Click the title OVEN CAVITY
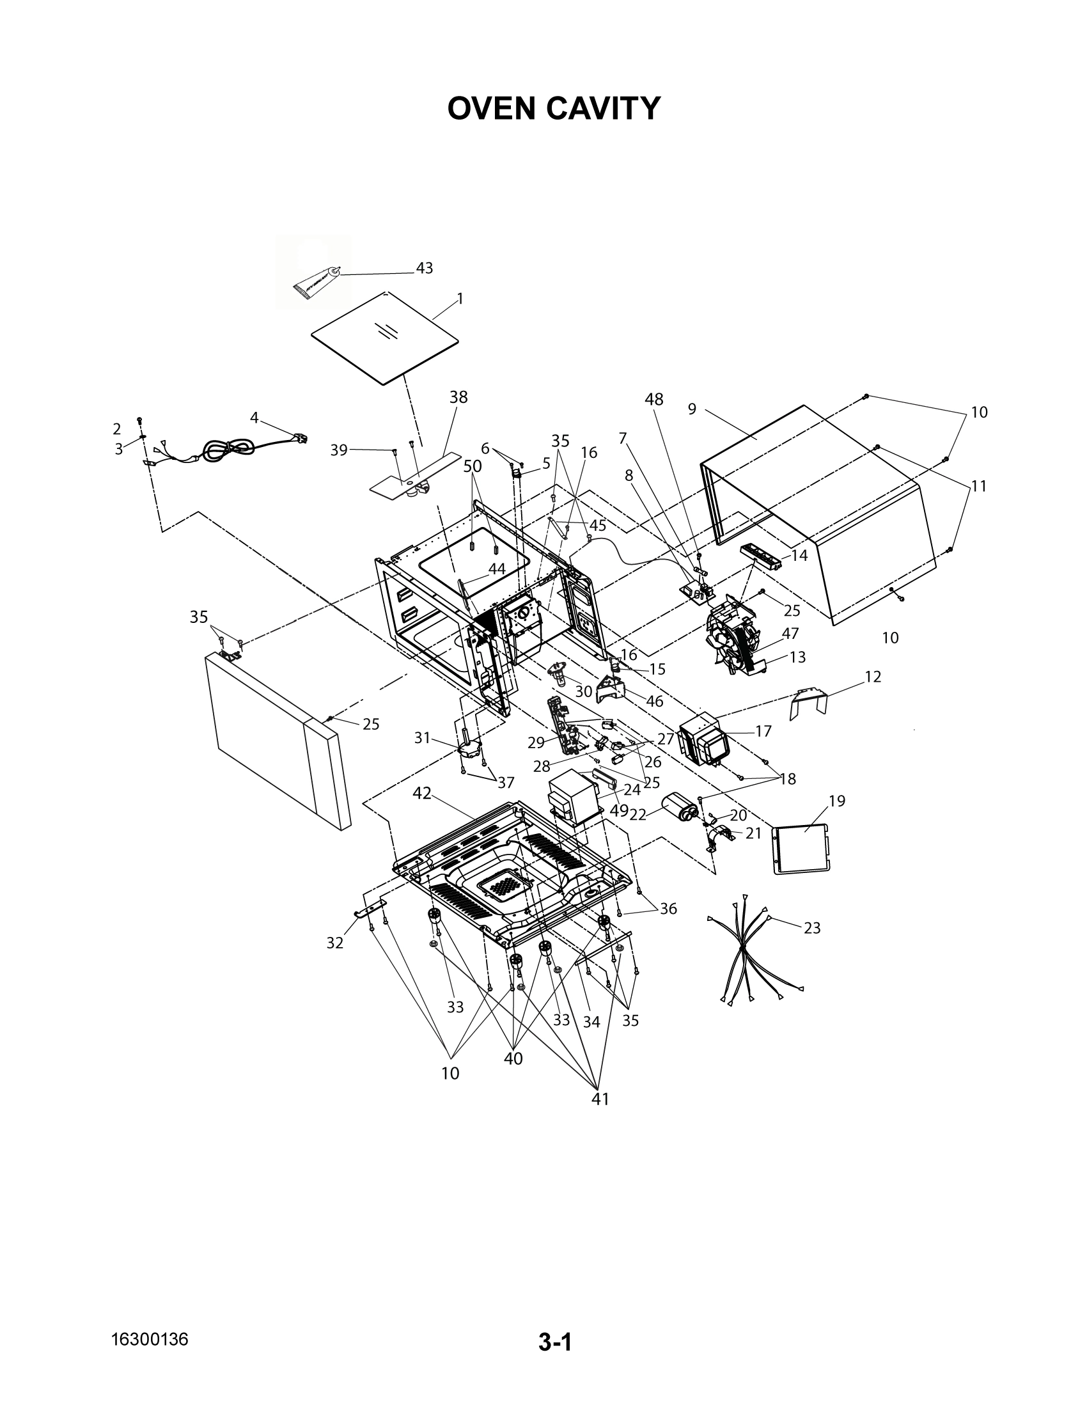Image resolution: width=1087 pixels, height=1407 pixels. tap(554, 108)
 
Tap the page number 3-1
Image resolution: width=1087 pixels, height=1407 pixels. tap(555, 1342)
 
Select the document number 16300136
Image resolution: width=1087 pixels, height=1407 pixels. tap(150, 1339)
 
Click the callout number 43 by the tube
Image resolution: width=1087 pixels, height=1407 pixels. tap(424, 268)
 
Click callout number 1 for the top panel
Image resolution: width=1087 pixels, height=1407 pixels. tap(460, 299)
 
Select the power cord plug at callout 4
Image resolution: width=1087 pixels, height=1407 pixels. tap(301, 439)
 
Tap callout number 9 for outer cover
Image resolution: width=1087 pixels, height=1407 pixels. tap(692, 409)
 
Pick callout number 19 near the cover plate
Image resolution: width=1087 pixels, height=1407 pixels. tap(836, 801)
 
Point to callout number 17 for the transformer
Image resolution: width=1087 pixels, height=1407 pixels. tap(763, 731)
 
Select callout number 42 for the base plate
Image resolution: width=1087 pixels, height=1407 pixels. tap(422, 794)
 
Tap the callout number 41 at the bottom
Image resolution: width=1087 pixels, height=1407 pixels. tap(600, 1099)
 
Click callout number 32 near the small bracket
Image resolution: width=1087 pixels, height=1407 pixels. tap(335, 943)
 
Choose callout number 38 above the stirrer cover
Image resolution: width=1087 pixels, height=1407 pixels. tap(458, 398)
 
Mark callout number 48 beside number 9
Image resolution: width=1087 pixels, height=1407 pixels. tap(653, 400)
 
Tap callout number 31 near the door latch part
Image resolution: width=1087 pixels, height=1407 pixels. tap(422, 738)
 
